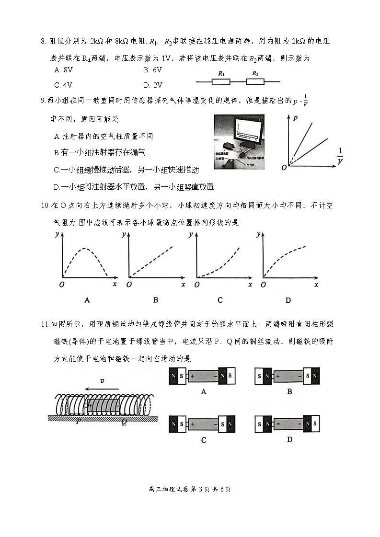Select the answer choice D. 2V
tap(153, 85)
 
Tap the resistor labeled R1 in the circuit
tap(221, 81)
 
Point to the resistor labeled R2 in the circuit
tap(255, 81)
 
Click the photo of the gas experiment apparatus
tap(239, 141)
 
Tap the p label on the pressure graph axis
tap(294, 117)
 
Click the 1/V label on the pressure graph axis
tap(340, 156)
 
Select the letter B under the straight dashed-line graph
tap(155, 300)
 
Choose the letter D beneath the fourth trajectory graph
tap(288, 300)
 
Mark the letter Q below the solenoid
tap(124, 422)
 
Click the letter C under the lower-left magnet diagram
tap(204, 440)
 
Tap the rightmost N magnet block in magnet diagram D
tap(314, 423)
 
